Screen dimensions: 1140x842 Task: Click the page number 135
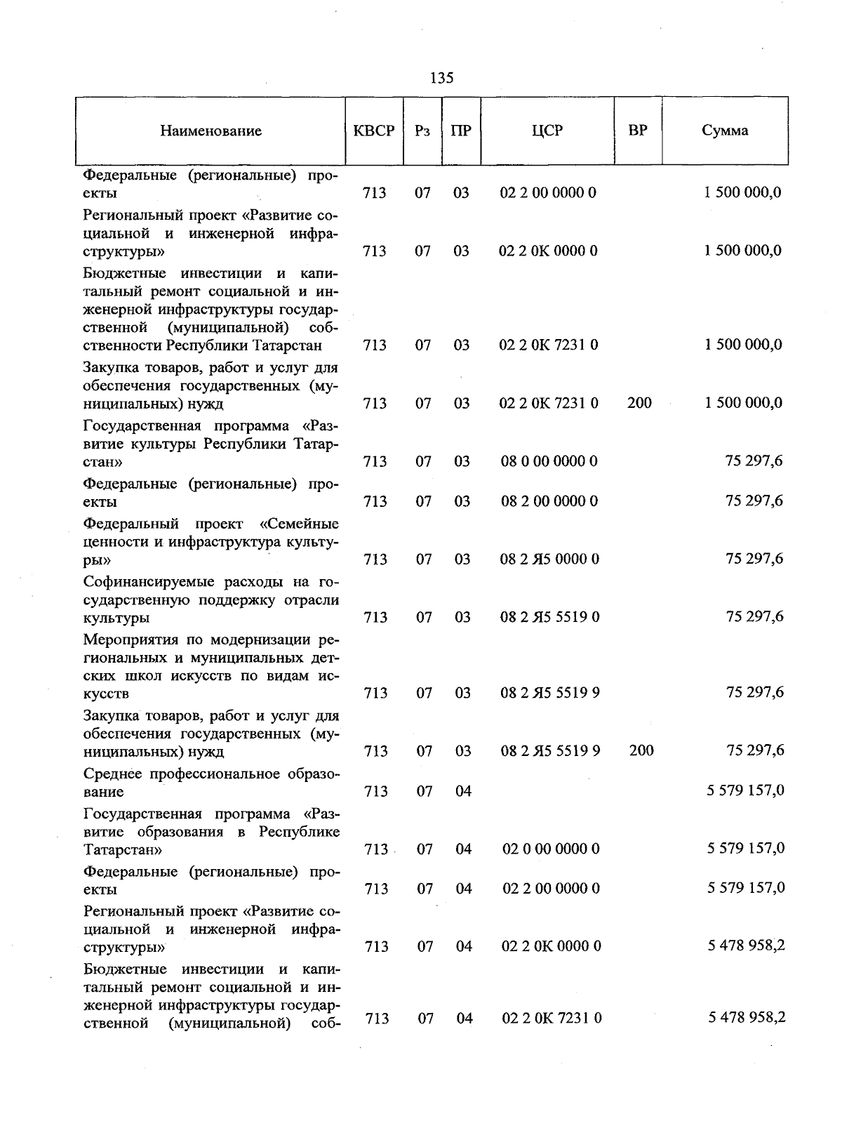pyautogui.click(x=441, y=78)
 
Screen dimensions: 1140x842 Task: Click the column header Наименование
pyautogui.click(x=210, y=131)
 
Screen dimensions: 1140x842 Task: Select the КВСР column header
pyautogui.click(x=374, y=131)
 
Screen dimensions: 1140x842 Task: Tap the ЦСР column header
pyautogui.click(x=547, y=131)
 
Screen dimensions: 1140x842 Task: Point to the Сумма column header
pyautogui.click(x=725, y=131)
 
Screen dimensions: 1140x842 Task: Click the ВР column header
pyautogui.click(x=638, y=131)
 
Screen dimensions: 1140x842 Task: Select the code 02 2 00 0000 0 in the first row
pyautogui.click(x=548, y=192)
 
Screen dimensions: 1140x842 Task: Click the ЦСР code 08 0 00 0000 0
pyautogui.click(x=549, y=461)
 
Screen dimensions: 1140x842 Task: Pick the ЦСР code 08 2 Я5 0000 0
pyautogui.click(x=549, y=559)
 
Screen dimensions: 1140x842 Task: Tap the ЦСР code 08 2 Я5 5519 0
pyautogui.click(x=549, y=617)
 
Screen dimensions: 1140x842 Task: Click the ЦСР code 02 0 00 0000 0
pyautogui.click(x=551, y=849)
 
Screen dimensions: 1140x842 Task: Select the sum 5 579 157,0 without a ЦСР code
pyautogui.click(x=745, y=790)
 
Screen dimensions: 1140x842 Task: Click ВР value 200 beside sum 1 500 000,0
pyautogui.click(x=639, y=403)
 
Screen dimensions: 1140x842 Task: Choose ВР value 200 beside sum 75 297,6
pyautogui.click(x=641, y=750)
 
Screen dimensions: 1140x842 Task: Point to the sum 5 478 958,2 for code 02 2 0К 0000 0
pyautogui.click(x=746, y=946)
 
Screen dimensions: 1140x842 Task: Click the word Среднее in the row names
pyautogui.click(x=111, y=774)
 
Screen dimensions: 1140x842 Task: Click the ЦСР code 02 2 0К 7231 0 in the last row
pyautogui.click(x=552, y=1018)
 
